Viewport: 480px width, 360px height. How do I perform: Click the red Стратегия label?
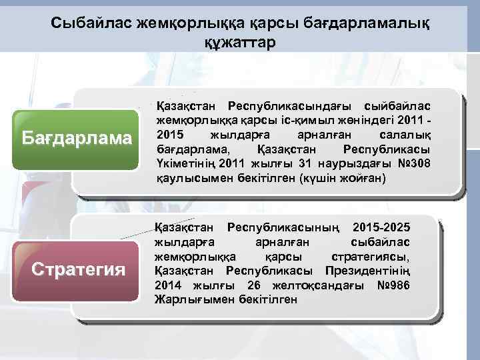[79, 269]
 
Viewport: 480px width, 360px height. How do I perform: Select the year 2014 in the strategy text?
[169, 285]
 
